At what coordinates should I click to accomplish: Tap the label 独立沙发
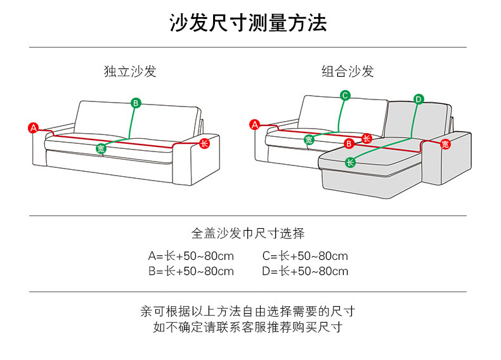click(x=130, y=71)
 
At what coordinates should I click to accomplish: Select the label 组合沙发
click(x=347, y=71)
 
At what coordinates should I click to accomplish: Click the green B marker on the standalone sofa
click(x=136, y=103)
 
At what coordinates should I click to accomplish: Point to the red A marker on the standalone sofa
click(x=34, y=127)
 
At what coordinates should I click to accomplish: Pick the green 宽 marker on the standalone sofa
click(x=101, y=148)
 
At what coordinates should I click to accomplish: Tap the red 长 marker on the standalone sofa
click(x=204, y=143)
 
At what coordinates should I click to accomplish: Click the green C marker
click(x=345, y=96)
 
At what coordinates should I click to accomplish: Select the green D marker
click(x=419, y=99)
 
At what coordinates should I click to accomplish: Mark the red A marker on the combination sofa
click(x=255, y=125)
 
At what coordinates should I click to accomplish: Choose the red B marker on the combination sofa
click(x=348, y=144)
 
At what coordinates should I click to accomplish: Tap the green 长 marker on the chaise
click(x=350, y=162)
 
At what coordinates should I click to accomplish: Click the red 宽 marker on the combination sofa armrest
click(x=445, y=145)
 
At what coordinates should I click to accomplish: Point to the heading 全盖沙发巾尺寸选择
click(x=248, y=233)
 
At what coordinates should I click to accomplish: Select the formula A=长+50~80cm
click(x=191, y=256)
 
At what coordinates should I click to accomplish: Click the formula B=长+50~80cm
click(x=191, y=271)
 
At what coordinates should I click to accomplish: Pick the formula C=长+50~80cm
click(x=305, y=256)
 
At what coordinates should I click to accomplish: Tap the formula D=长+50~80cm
click(x=305, y=271)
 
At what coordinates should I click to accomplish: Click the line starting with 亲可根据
click(x=248, y=311)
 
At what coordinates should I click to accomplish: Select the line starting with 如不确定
click(x=248, y=327)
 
